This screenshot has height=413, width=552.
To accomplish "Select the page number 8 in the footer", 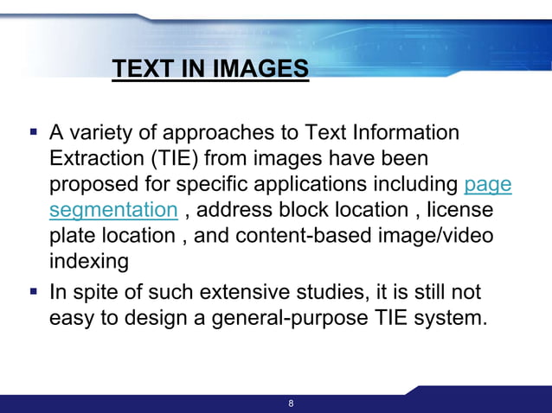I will point(291,403).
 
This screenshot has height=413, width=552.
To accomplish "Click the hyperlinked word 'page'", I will point(488,185).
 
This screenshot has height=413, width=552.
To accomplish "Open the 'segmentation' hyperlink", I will point(113,210).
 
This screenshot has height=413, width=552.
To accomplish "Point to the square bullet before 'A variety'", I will point(34,133).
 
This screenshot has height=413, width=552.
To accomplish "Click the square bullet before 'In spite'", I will point(34,291).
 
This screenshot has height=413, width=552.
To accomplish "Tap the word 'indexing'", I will point(90,260).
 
